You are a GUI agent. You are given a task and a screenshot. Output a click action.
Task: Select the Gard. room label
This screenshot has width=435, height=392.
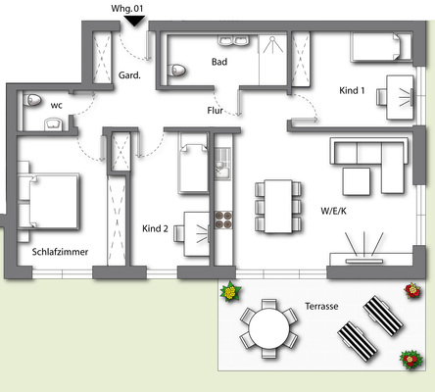129,74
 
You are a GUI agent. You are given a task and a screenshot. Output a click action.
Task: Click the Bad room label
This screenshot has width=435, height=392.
219,62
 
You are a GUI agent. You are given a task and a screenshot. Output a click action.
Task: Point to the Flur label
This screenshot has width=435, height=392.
216,111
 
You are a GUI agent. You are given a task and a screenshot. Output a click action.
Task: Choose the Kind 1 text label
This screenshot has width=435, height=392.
352,91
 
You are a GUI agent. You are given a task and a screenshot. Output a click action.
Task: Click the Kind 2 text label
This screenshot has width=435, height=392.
155,228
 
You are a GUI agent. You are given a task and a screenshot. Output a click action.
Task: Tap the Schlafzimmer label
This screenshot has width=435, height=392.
60,252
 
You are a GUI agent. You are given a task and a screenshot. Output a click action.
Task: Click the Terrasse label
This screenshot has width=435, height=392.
321,306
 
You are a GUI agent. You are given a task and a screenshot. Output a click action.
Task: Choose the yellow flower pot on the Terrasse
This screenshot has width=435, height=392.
230,291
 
